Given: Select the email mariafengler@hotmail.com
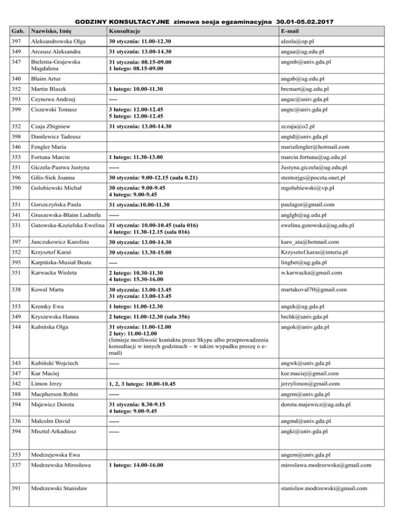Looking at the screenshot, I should tap(318, 147).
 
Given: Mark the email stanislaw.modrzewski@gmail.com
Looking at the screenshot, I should tap(325, 488).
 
